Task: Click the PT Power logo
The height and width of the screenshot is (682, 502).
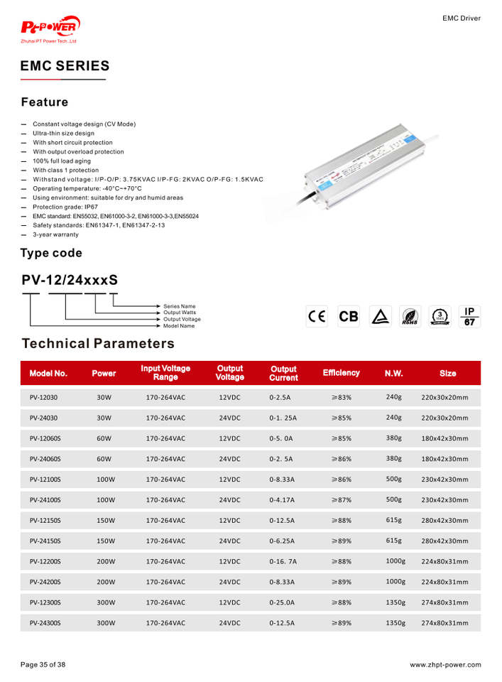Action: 50,30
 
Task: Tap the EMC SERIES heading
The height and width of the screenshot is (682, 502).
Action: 65,66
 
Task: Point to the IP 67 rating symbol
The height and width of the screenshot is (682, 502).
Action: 469,316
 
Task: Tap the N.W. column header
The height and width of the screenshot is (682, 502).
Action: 393,373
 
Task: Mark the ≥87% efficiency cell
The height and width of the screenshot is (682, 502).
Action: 342,500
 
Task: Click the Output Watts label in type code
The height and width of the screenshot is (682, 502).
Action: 179,313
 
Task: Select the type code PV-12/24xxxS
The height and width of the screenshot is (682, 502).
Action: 69,281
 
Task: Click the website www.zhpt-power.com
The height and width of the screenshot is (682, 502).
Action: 445,665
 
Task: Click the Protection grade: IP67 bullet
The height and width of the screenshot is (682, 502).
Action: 65,207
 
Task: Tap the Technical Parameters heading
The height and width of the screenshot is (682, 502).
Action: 98,344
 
